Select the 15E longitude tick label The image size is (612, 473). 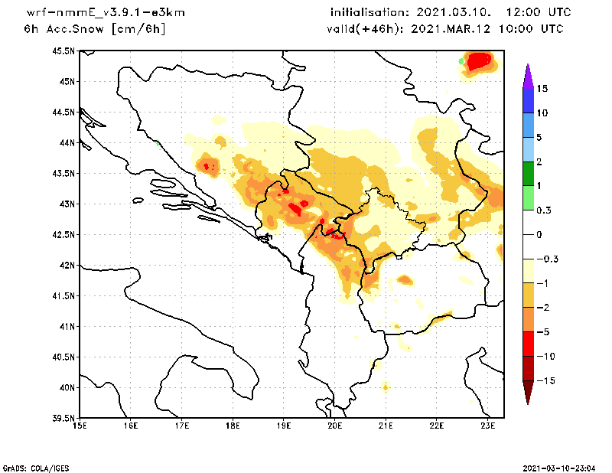click(79, 426)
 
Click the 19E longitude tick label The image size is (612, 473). click(284, 426)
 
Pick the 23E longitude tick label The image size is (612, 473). click(488, 426)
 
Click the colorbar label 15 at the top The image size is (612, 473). click(542, 89)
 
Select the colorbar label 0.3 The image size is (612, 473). click(543, 210)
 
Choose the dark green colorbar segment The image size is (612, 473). click(528, 174)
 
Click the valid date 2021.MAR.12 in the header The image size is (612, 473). click(451, 29)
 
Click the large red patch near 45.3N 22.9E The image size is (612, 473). click(480, 60)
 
